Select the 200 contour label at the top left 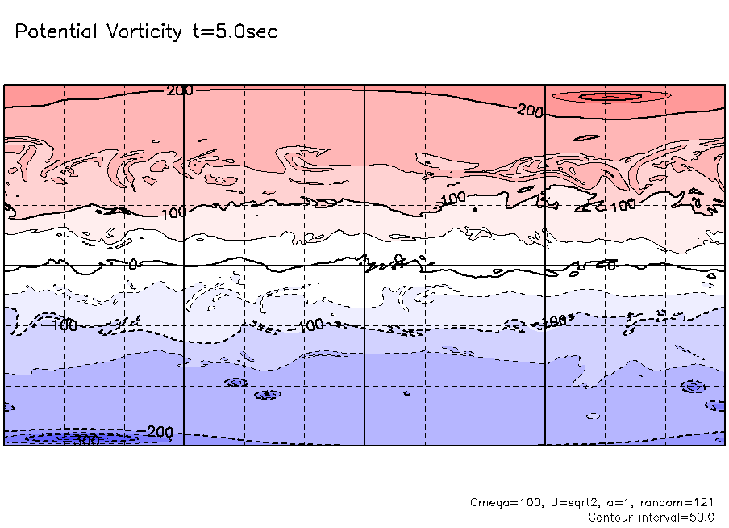[x=180, y=90]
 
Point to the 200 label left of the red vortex [x=530, y=111]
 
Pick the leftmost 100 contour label [x=173, y=213]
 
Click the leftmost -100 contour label [x=60, y=325]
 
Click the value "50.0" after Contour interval [x=702, y=517]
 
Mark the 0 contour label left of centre [x=134, y=263]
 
